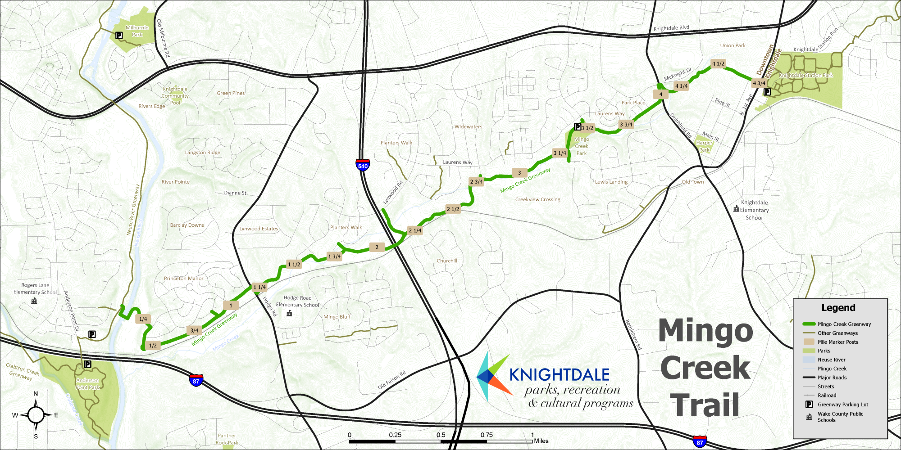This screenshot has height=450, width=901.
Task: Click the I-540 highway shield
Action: [363, 165]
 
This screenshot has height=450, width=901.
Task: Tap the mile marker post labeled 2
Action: [377, 247]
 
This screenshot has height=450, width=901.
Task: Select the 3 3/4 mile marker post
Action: [626, 125]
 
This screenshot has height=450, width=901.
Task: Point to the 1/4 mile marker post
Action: [143, 319]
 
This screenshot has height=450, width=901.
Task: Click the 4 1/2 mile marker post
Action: [718, 64]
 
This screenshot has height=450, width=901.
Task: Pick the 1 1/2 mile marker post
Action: [294, 265]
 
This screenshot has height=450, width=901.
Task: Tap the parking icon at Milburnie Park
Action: [119, 36]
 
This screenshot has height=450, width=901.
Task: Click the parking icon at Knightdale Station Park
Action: [767, 92]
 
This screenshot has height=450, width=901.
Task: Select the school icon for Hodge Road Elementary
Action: [289, 313]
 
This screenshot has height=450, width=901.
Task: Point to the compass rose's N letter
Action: [36, 394]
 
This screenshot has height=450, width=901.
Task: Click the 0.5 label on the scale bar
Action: [441, 435]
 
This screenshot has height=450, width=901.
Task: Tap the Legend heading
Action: [838, 308]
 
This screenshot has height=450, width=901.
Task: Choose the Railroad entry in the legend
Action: [827, 396]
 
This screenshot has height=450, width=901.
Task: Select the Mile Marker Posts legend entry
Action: [838, 342]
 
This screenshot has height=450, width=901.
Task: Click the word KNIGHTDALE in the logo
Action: [559, 375]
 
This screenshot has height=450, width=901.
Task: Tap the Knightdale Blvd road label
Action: [671, 28]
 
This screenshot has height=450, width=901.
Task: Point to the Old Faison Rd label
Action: [391, 380]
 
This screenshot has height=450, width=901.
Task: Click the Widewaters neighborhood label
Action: [468, 127]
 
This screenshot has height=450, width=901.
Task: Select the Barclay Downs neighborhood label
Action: [187, 225]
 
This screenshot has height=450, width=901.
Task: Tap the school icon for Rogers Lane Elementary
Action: [34, 301]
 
